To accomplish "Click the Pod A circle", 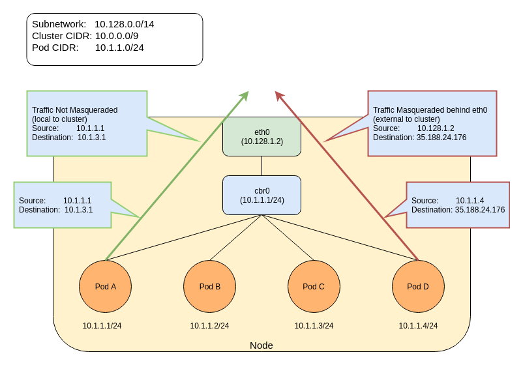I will click(106, 286).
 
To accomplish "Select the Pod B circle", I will click(209, 286).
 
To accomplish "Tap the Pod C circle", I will click(314, 286).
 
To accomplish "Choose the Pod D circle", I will click(418, 286).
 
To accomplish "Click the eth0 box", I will click(261, 136).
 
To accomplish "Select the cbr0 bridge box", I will click(261, 195).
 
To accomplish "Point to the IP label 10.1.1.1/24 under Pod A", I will click(102, 326).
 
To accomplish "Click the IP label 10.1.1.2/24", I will click(209, 326).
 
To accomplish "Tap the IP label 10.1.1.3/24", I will click(314, 326).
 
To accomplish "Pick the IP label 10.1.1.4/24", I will click(418, 326).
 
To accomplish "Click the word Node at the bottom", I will click(261, 345).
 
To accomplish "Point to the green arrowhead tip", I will click(248, 92).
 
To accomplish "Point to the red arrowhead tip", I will click(276, 92).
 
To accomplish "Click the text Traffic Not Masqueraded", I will click(74, 110).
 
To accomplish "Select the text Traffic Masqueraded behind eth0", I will click(430, 110).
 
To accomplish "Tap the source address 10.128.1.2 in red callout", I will click(436, 128).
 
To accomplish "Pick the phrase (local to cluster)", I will click(59, 119).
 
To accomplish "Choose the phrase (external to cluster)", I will click(406, 119).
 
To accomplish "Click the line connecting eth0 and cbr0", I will click(261, 166).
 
